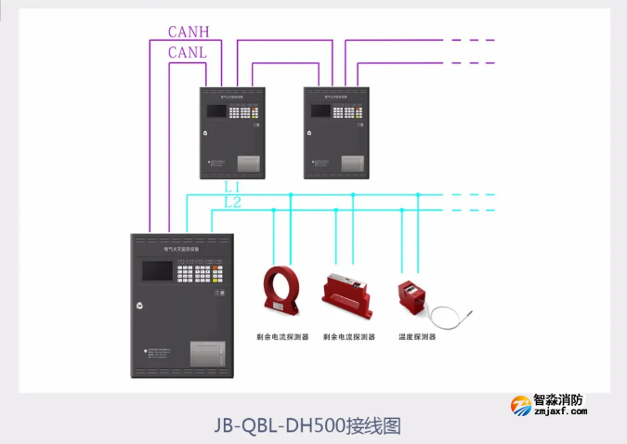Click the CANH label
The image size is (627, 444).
(189, 32)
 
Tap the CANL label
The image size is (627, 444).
(188, 53)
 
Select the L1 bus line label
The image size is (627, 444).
(232, 187)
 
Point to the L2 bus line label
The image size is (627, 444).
(232, 202)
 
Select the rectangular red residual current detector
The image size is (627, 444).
(347, 291)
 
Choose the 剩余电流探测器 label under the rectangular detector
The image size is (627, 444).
(348, 337)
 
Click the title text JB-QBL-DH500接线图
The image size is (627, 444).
(307, 425)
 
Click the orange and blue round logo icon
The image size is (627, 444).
(519, 406)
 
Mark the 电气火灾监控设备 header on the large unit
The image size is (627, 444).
(182, 250)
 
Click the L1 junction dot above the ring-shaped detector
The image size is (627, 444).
(291, 195)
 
